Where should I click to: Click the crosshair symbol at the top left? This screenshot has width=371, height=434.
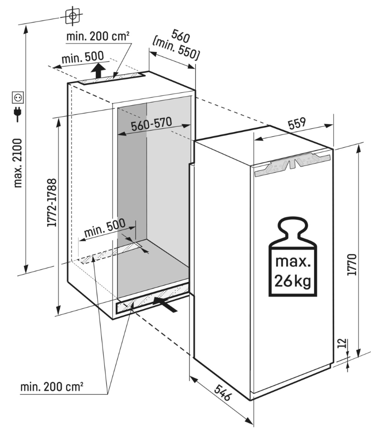(x=72, y=16)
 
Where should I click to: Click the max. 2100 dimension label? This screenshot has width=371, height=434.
(x=18, y=163)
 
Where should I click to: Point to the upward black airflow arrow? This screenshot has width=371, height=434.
(x=98, y=72)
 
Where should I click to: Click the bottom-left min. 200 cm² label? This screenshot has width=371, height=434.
(x=52, y=386)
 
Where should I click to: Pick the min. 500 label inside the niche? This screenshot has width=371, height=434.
(x=104, y=229)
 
